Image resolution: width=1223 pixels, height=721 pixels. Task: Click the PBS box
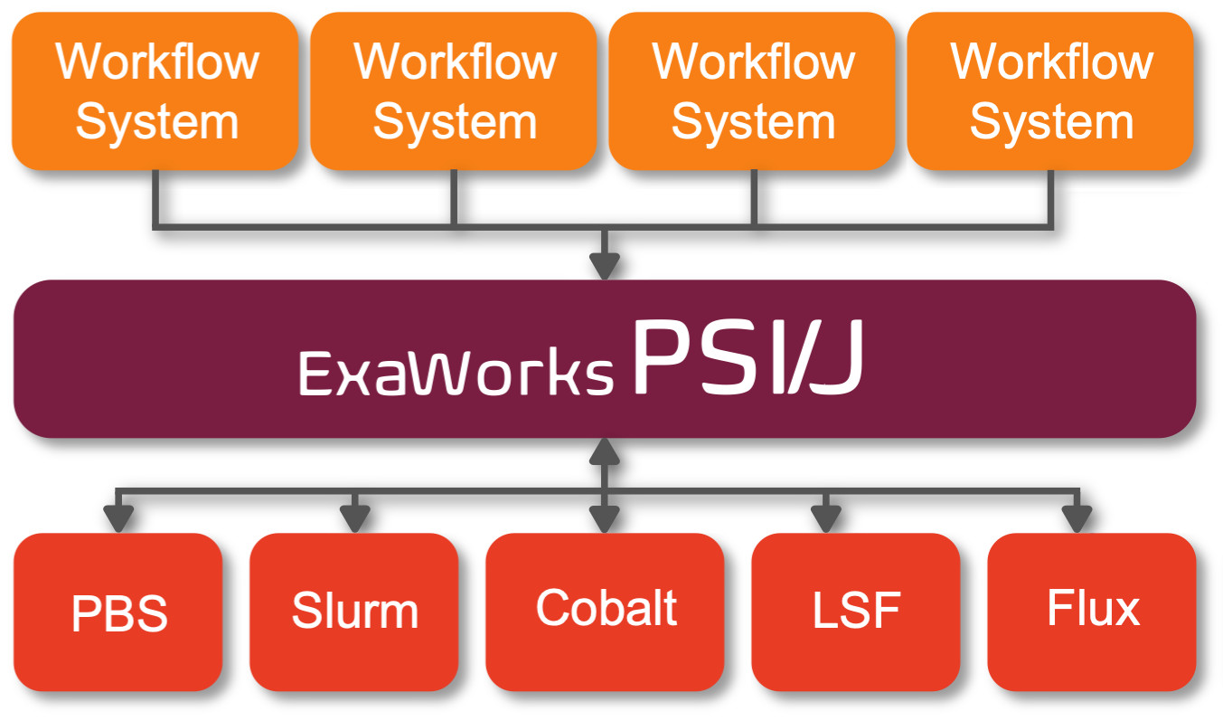[x=118, y=612]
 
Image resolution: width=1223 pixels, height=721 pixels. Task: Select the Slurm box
[x=354, y=612]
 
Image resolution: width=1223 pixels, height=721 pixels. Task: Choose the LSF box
[x=855, y=612]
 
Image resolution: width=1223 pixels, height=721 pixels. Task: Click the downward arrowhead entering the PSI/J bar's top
[x=604, y=266]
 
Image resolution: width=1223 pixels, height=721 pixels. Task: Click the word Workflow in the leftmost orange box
[x=156, y=62]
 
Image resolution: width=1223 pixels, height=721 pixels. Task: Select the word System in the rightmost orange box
[x=1051, y=121]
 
